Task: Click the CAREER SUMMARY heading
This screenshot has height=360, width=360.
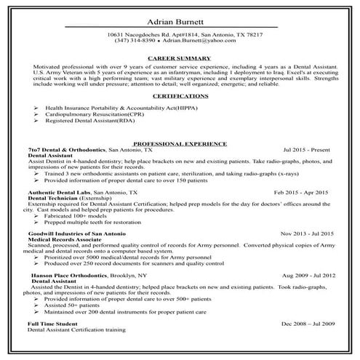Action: click(179, 57)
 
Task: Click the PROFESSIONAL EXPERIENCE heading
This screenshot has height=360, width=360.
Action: click(180, 143)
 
